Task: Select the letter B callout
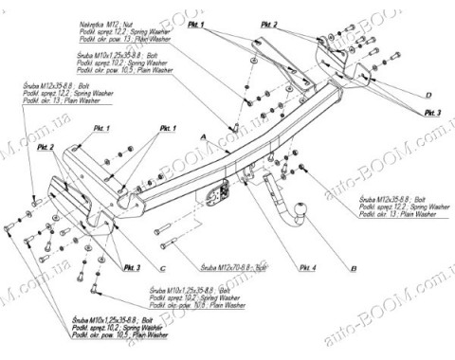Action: click(353, 270)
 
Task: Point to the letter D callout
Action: click(428, 96)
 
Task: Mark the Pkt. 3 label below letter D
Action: click(432, 113)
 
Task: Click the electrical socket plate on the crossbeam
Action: click(211, 194)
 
